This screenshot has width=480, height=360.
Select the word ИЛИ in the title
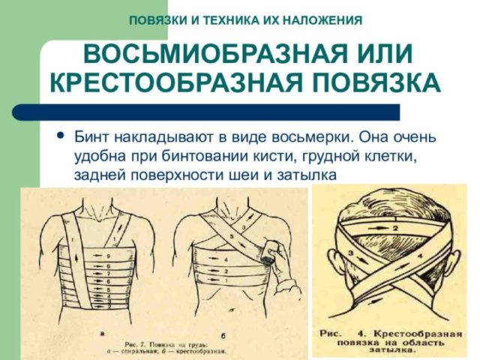click(380, 55)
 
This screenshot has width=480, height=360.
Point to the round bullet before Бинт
click(60, 137)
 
